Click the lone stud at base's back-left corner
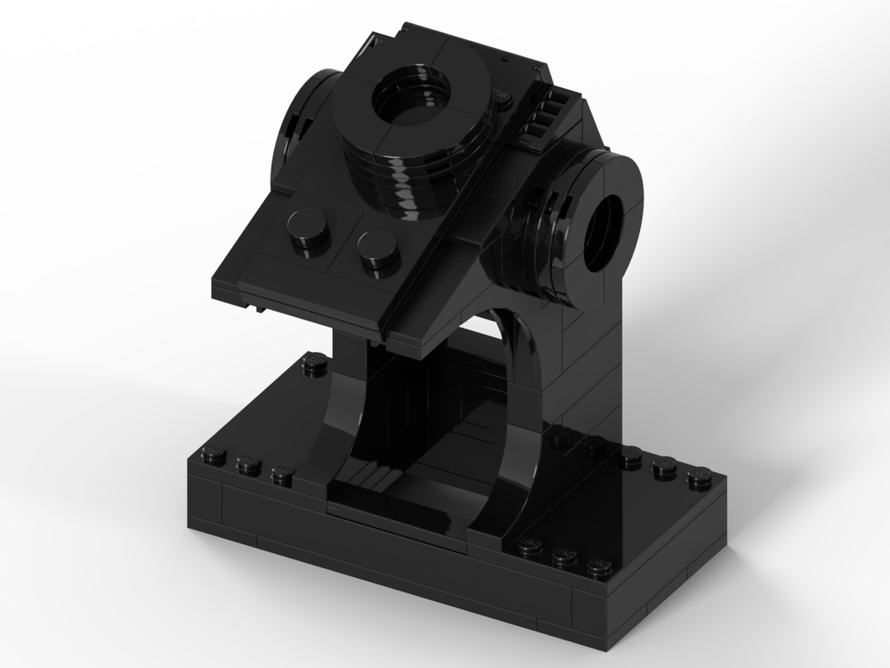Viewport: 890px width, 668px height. click(313, 361)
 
